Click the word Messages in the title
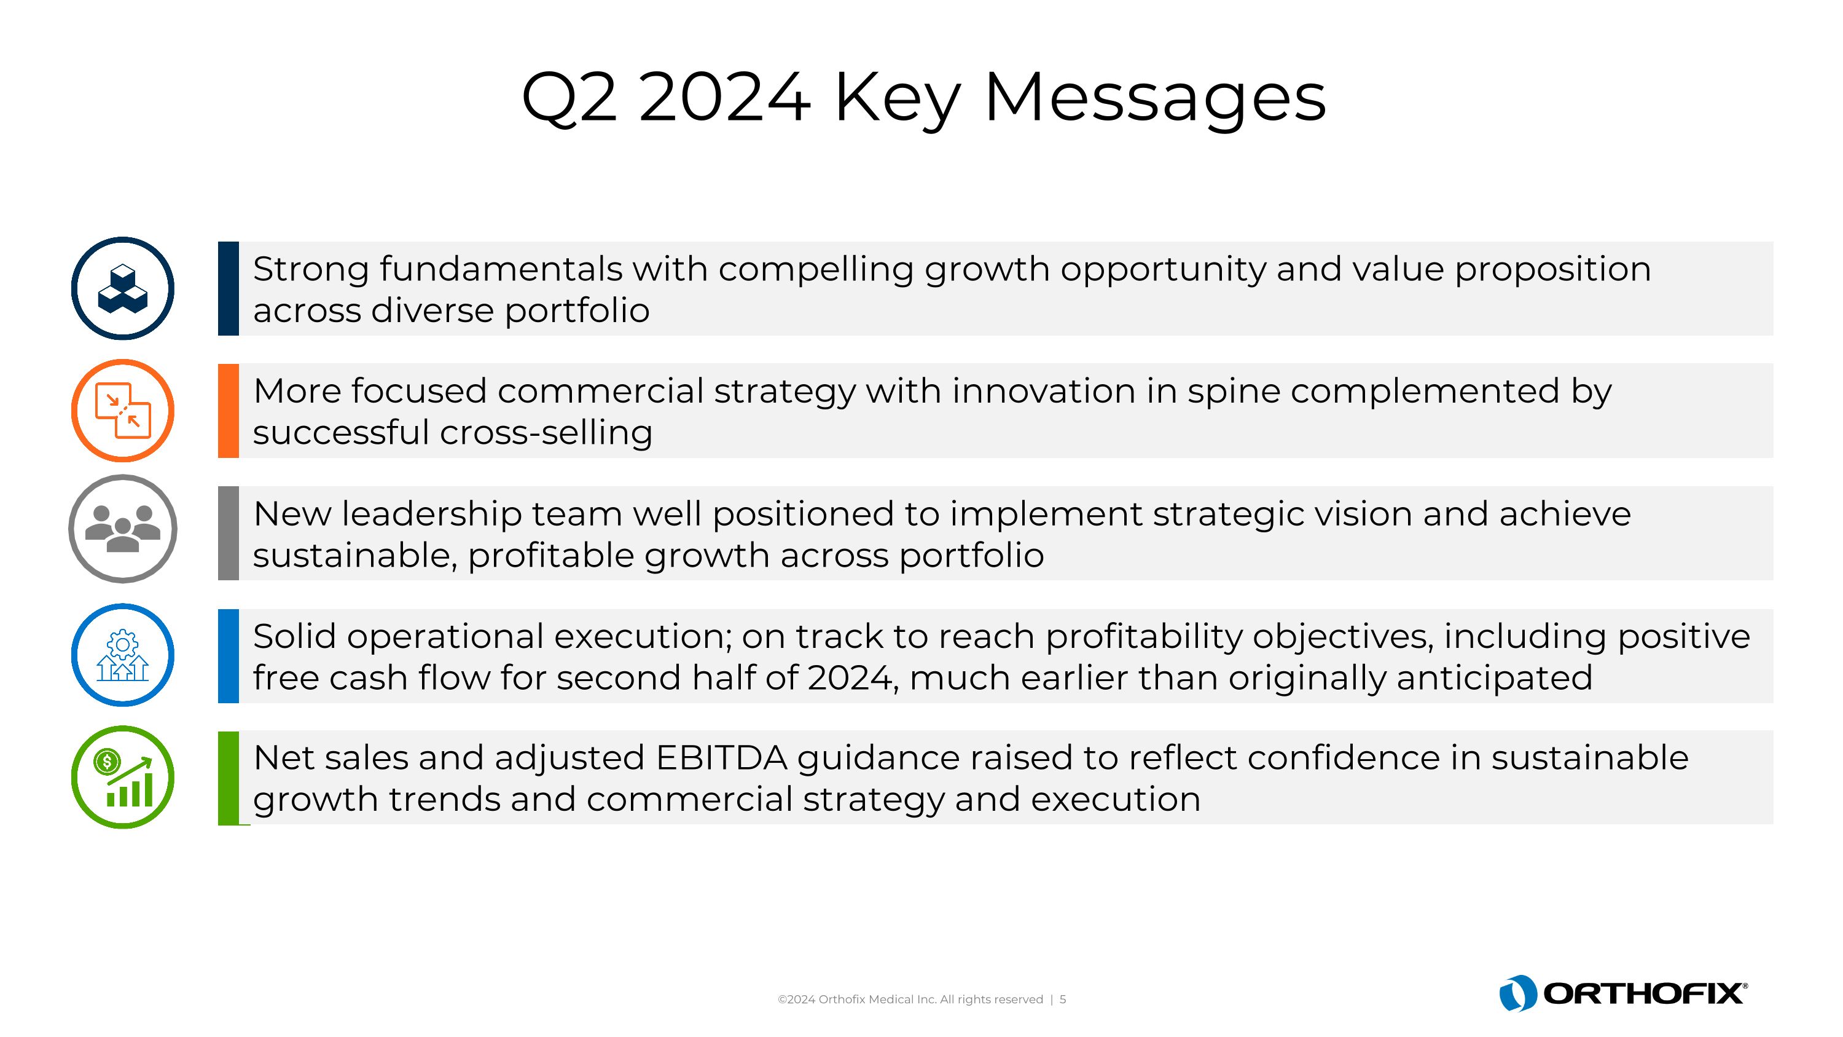(x=1155, y=98)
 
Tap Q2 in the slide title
(x=569, y=98)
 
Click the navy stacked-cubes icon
(x=122, y=288)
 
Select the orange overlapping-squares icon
(x=122, y=411)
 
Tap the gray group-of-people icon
(x=122, y=529)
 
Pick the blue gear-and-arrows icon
(x=122, y=655)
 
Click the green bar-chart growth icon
(x=122, y=777)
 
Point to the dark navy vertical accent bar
(x=229, y=288)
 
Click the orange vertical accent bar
(x=229, y=411)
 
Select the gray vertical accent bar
(x=229, y=533)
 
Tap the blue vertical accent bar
(x=229, y=655)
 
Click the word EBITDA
(x=721, y=758)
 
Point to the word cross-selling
(x=546, y=433)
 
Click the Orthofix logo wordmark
(x=1643, y=993)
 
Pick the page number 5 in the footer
(x=1063, y=999)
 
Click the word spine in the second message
(x=1234, y=392)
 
